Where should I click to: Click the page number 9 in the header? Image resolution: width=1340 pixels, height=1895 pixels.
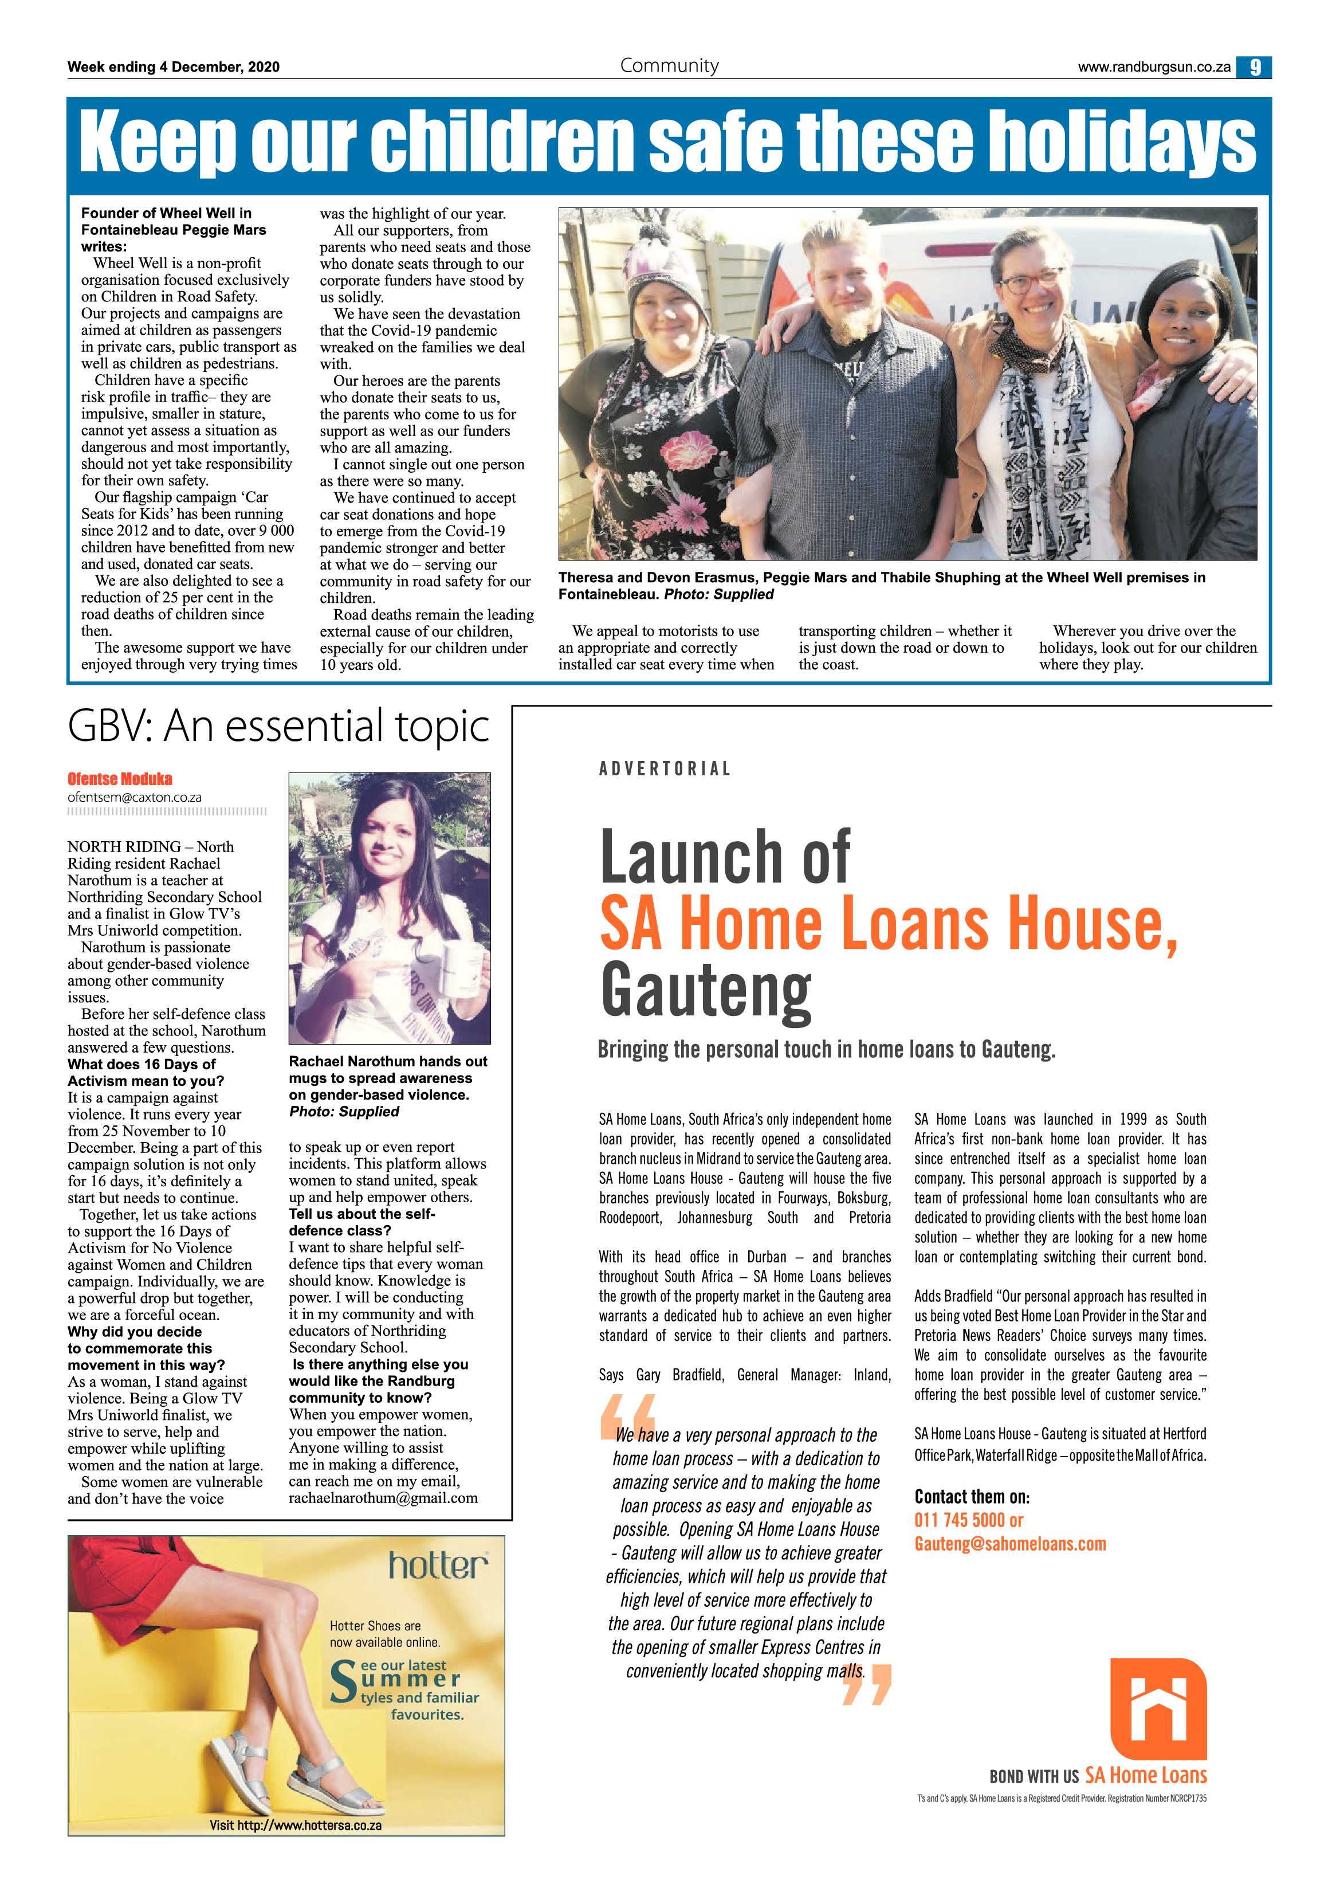pyautogui.click(x=1254, y=68)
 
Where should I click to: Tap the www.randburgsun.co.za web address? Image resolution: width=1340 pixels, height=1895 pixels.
pyautogui.click(x=1154, y=68)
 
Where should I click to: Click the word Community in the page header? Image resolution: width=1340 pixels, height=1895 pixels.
pyautogui.click(x=669, y=66)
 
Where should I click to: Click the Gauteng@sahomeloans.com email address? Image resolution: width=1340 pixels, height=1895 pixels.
pyautogui.click(x=1010, y=1543)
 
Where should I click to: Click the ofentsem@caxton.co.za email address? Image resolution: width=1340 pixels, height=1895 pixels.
pyautogui.click(x=135, y=797)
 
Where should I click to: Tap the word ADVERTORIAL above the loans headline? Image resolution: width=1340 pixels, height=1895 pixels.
pyautogui.click(x=665, y=769)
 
